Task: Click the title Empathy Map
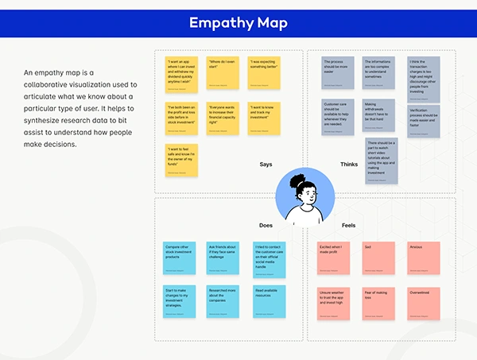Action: tap(238, 22)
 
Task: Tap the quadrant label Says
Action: tap(266, 165)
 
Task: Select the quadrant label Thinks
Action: tap(348, 165)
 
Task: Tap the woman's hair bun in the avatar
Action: tap(296, 180)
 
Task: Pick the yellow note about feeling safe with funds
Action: tap(181, 160)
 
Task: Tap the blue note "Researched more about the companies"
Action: tap(223, 300)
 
